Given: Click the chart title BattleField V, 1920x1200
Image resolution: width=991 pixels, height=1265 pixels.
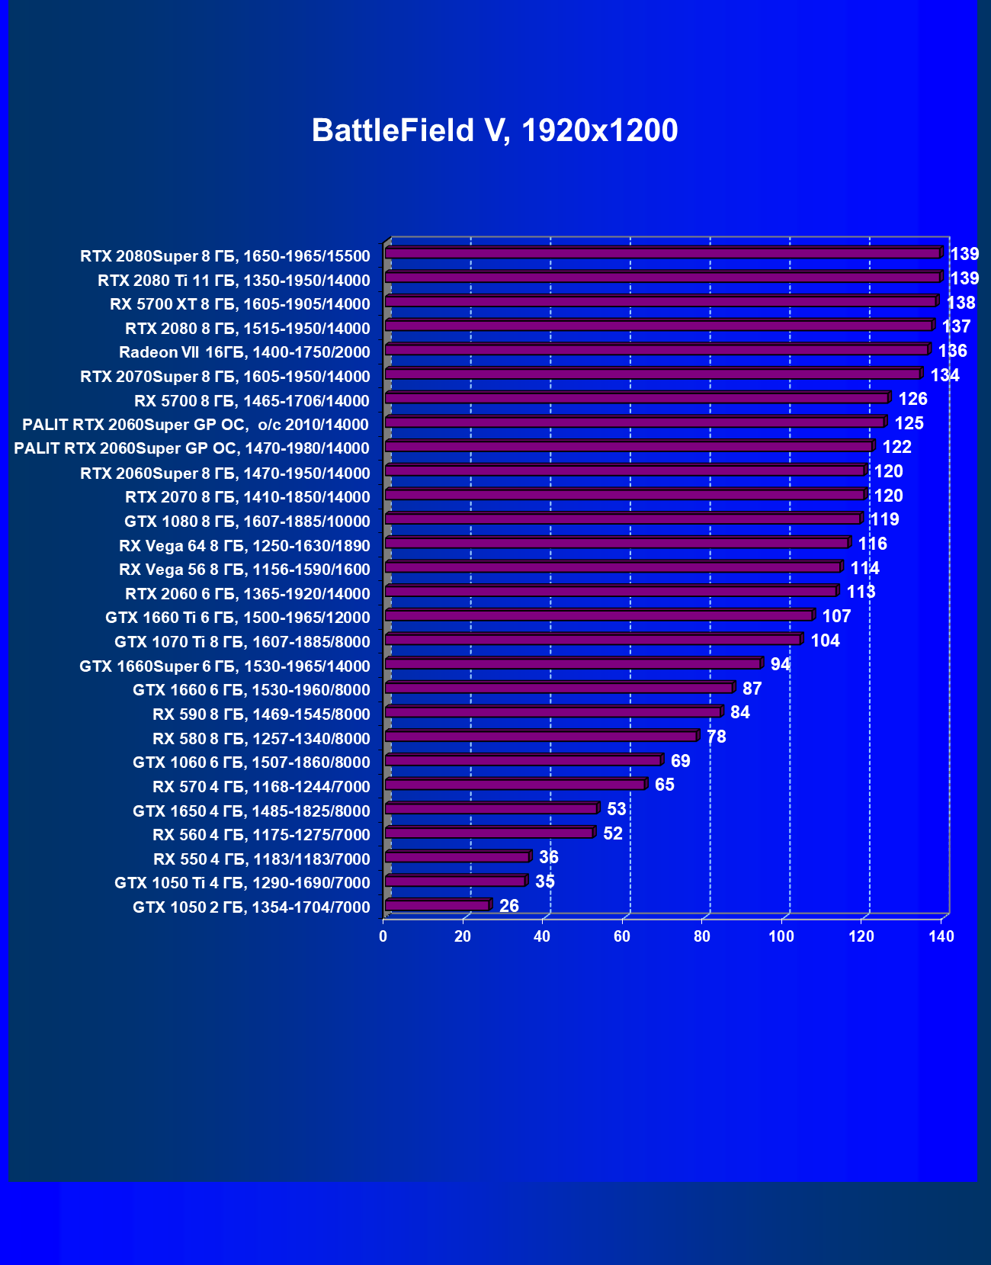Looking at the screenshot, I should [495, 130].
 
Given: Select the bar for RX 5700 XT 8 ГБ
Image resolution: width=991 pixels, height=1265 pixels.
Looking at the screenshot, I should [660, 302].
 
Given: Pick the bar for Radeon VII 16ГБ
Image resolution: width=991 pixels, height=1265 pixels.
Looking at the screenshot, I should [656, 350].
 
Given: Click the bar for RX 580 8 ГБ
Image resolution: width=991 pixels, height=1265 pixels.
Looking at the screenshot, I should [540, 737].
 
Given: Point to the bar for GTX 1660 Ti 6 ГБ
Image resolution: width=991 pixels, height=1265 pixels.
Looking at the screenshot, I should [598, 615].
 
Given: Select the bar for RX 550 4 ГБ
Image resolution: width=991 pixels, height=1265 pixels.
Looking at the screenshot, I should [457, 857].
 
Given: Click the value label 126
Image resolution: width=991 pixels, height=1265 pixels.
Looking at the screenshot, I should [912, 399].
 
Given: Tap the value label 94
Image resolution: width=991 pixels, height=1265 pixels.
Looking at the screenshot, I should [780, 664].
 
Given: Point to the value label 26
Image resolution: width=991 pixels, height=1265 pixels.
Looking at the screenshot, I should [508, 906].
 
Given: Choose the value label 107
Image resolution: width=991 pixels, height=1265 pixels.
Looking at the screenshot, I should [836, 616].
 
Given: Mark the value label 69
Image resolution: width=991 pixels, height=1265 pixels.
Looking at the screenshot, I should [680, 761].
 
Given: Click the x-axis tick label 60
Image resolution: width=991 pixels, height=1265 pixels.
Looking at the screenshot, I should [622, 936].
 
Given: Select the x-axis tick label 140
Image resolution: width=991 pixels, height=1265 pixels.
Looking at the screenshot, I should [941, 936].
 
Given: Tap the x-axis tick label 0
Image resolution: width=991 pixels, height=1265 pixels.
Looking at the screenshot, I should [383, 936].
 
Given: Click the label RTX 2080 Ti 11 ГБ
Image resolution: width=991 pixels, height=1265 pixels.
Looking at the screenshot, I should [233, 280].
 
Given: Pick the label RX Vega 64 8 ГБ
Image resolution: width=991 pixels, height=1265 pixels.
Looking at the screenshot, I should [244, 546].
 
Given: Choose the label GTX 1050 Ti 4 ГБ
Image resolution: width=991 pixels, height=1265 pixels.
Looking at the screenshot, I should [242, 883].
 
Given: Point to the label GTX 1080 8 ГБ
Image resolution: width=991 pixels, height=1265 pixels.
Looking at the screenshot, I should [247, 522].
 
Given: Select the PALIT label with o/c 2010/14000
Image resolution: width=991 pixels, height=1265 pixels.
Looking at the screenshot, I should [195, 425].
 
